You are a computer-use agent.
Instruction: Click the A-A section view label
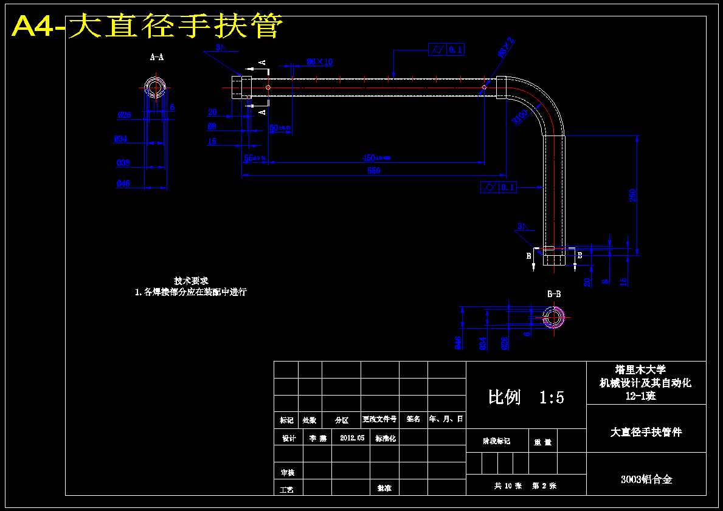click(x=156, y=57)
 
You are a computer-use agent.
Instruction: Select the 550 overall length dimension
click(x=374, y=171)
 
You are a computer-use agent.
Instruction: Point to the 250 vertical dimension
click(x=633, y=195)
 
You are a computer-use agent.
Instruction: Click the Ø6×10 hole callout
click(x=320, y=62)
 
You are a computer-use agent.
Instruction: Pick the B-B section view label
click(x=554, y=294)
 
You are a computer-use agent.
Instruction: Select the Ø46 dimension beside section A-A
click(x=123, y=183)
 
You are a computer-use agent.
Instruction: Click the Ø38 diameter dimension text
click(x=123, y=163)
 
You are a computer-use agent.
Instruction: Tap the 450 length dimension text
click(x=375, y=158)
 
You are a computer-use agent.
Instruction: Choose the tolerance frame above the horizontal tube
click(x=446, y=50)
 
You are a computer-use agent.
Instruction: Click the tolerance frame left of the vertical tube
click(x=498, y=187)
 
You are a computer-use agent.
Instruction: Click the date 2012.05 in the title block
click(x=352, y=437)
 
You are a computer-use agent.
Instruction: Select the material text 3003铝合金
click(x=646, y=479)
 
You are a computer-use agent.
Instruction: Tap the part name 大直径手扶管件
click(x=646, y=432)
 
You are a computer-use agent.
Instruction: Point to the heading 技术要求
click(x=191, y=281)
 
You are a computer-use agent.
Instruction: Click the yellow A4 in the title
click(x=36, y=27)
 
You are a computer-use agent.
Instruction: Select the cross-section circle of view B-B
click(x=553, y=317)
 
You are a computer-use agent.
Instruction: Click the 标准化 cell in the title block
click(x=386, y=438)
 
